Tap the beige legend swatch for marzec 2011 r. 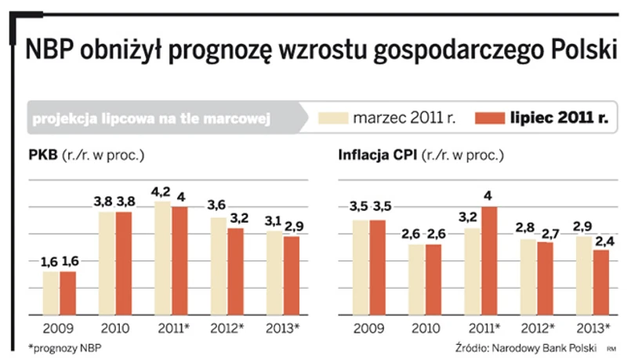334,118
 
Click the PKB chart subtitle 86,155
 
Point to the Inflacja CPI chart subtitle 420,155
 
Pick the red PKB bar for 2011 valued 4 180,260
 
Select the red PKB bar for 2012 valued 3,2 235,271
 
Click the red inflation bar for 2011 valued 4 490,260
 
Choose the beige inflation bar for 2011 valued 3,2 473,271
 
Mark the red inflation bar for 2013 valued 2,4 601,282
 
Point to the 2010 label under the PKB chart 114,327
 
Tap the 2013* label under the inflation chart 593,327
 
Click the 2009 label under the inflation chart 370,327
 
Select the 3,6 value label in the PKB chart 216,205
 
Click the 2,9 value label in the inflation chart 583,225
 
